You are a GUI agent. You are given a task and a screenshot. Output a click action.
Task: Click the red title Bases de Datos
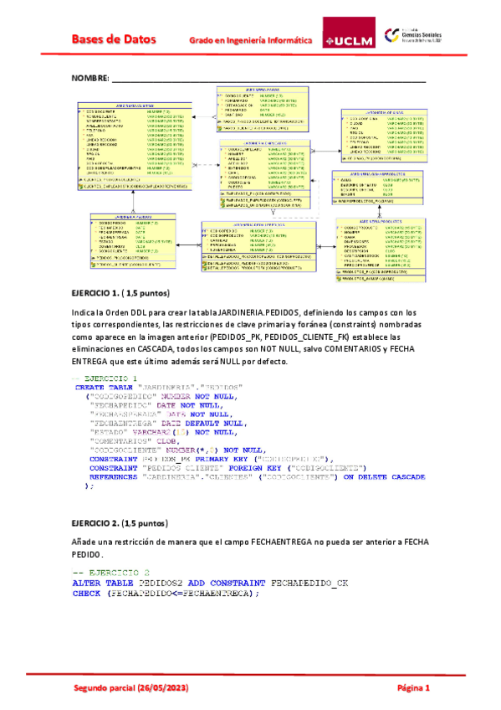tap(117, 39)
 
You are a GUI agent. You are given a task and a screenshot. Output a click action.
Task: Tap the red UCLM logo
tap(347, 39)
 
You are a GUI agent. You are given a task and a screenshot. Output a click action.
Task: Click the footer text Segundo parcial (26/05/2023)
tap(131, 687)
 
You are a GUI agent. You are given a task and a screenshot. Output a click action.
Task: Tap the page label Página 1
tap(413, 687)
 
